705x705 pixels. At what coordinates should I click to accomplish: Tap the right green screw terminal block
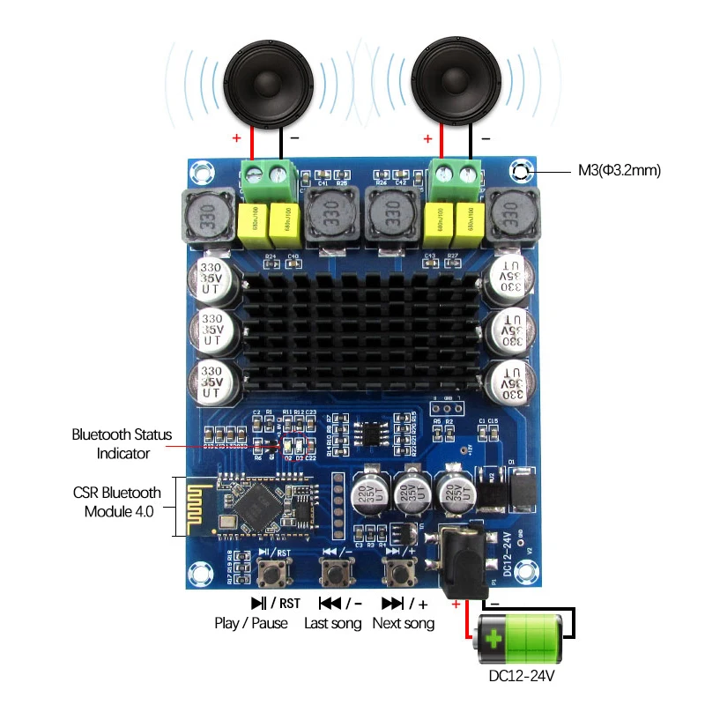tap(456, 179)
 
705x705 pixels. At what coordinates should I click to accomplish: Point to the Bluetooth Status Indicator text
tap(122, 444)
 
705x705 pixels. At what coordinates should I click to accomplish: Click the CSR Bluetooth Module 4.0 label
tap(116, 501)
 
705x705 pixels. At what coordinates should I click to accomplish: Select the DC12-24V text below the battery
tap(521, 677)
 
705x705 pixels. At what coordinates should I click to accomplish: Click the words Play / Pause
tap(251, 623)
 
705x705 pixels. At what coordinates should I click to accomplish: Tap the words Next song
tap(403, 623)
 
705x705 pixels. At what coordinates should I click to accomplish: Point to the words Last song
tap(332, 623)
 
